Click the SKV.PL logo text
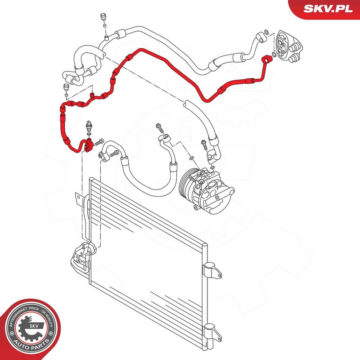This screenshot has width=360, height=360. pyautogui.click(x=328, y=9)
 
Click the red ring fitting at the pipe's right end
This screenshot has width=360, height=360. pyautogui.click(x=267, y=59)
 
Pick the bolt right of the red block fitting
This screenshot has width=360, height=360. pyautogui.click(x=99, y=142)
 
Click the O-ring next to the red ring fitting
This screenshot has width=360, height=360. pyautogui.click(x=274, y=54)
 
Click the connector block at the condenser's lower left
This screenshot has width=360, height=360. pyautogui.click(x=83, y=254)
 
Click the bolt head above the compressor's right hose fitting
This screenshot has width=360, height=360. pyautogui.click(x=203, y=143)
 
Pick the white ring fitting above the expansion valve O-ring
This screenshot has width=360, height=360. pyautogui.click(x=261, y=38)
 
